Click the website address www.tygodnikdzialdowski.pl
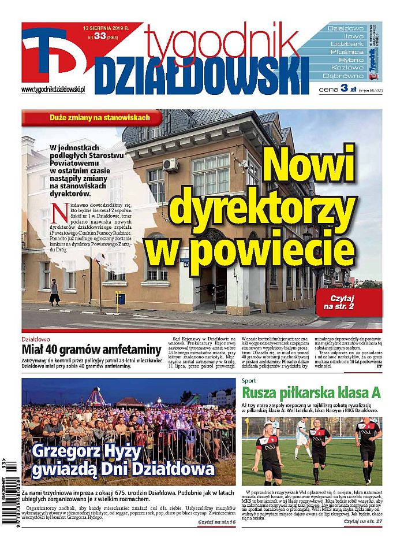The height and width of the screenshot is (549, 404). pos(53,89)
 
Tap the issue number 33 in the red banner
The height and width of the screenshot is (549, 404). pos(100,36)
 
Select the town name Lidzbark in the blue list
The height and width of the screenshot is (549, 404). pos(346,44)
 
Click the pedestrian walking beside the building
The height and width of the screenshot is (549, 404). pos(54,292)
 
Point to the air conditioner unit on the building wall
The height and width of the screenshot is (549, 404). pos(170,165)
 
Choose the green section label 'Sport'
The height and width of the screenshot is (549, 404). pos(249,381)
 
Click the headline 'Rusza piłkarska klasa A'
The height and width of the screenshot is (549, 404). pos(311,394)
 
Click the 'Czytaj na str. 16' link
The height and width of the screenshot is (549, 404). pos(216,522)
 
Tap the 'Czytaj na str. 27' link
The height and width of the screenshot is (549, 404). pos(362,522)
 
